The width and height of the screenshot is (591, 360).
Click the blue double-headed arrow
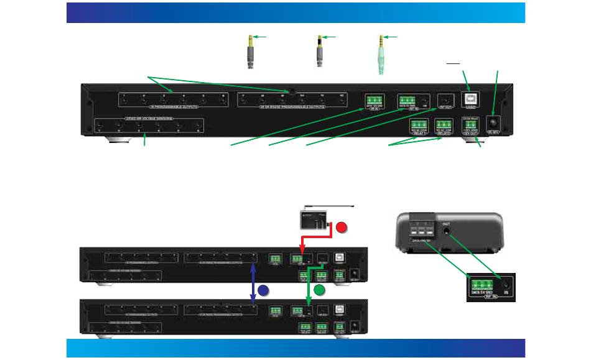[253, 283]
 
